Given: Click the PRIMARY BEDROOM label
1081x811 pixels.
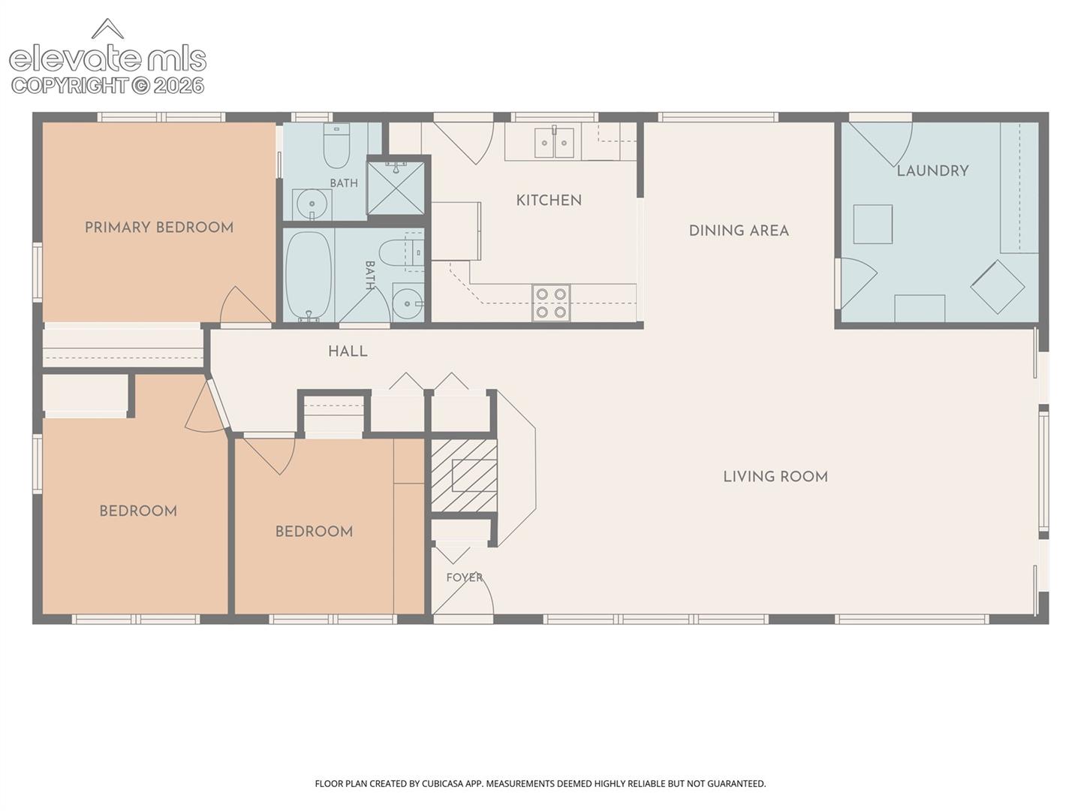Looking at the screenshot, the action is pos(159,228).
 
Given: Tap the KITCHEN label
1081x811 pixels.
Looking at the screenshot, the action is pos(549,200).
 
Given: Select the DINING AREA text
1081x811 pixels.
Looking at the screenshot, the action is pos(739,231).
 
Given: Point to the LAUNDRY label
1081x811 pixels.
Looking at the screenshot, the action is pos(933,171).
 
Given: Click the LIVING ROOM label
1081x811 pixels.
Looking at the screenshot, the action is pos(775,477).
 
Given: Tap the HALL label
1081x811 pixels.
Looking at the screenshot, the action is pos(348,351).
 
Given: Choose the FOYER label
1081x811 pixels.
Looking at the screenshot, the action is pos(465,577).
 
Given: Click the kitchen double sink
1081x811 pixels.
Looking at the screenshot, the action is pos(555,143).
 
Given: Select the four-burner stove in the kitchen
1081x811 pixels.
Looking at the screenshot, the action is pos(551,303).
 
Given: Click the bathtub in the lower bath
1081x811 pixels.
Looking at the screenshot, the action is pos(309,276).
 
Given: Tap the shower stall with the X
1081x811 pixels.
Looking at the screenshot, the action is pos(396,187).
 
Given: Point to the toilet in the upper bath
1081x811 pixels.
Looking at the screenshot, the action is pos(336,145).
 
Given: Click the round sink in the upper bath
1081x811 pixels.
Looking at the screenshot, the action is pos(312,204).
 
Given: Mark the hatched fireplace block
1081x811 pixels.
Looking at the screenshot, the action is pos(464,475).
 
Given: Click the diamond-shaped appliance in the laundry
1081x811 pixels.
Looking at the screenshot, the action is pos(997,287).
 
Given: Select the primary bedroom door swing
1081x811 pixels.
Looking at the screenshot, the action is pos(245,306).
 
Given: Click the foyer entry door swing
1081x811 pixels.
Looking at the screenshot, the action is pos(463,595).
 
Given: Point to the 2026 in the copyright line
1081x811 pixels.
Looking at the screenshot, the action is pos(179,86).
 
